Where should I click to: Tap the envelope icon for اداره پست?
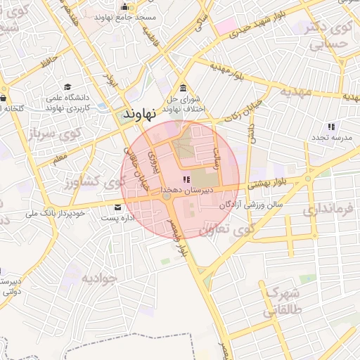point(117,207)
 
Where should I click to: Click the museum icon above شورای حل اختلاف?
point(183,88)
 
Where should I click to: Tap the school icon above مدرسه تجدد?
point(330,127)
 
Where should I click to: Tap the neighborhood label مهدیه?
point(295,91)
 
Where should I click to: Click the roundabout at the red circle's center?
point(167,198)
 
